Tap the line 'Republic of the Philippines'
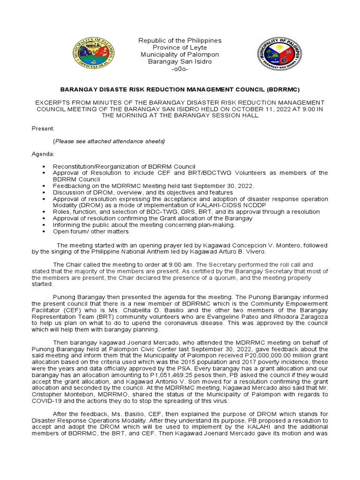[x=180, y=41]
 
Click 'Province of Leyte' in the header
[x=180, y=48]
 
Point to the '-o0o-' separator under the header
[x=180, y=69]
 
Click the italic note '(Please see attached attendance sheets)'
[x=109, y=141]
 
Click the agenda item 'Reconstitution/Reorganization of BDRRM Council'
[x=124, y=166]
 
